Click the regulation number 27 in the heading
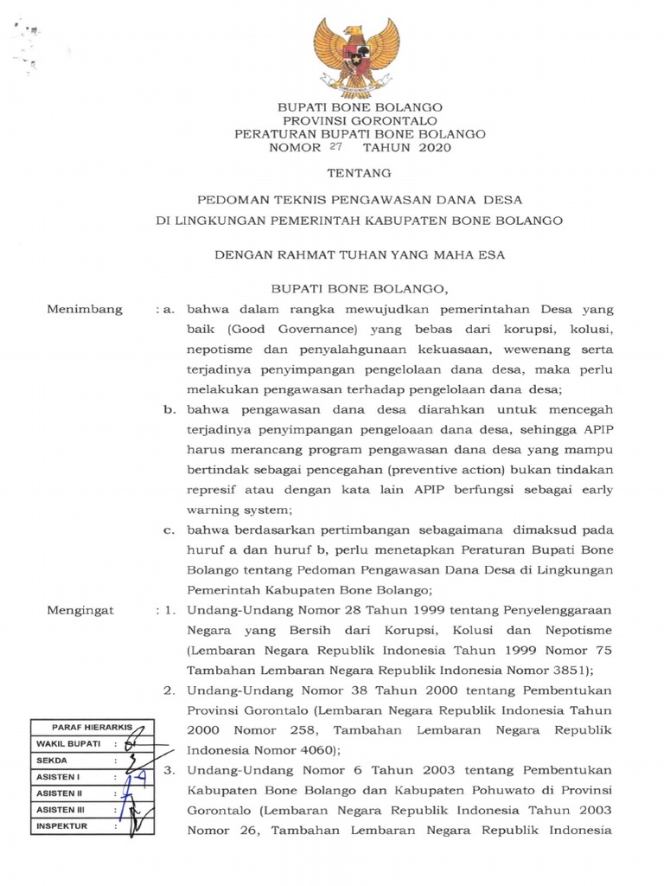tap(336, 147)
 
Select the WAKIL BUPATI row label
tap(69, 744)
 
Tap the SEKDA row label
tap(52, 761)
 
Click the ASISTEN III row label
tap(60, 810)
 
